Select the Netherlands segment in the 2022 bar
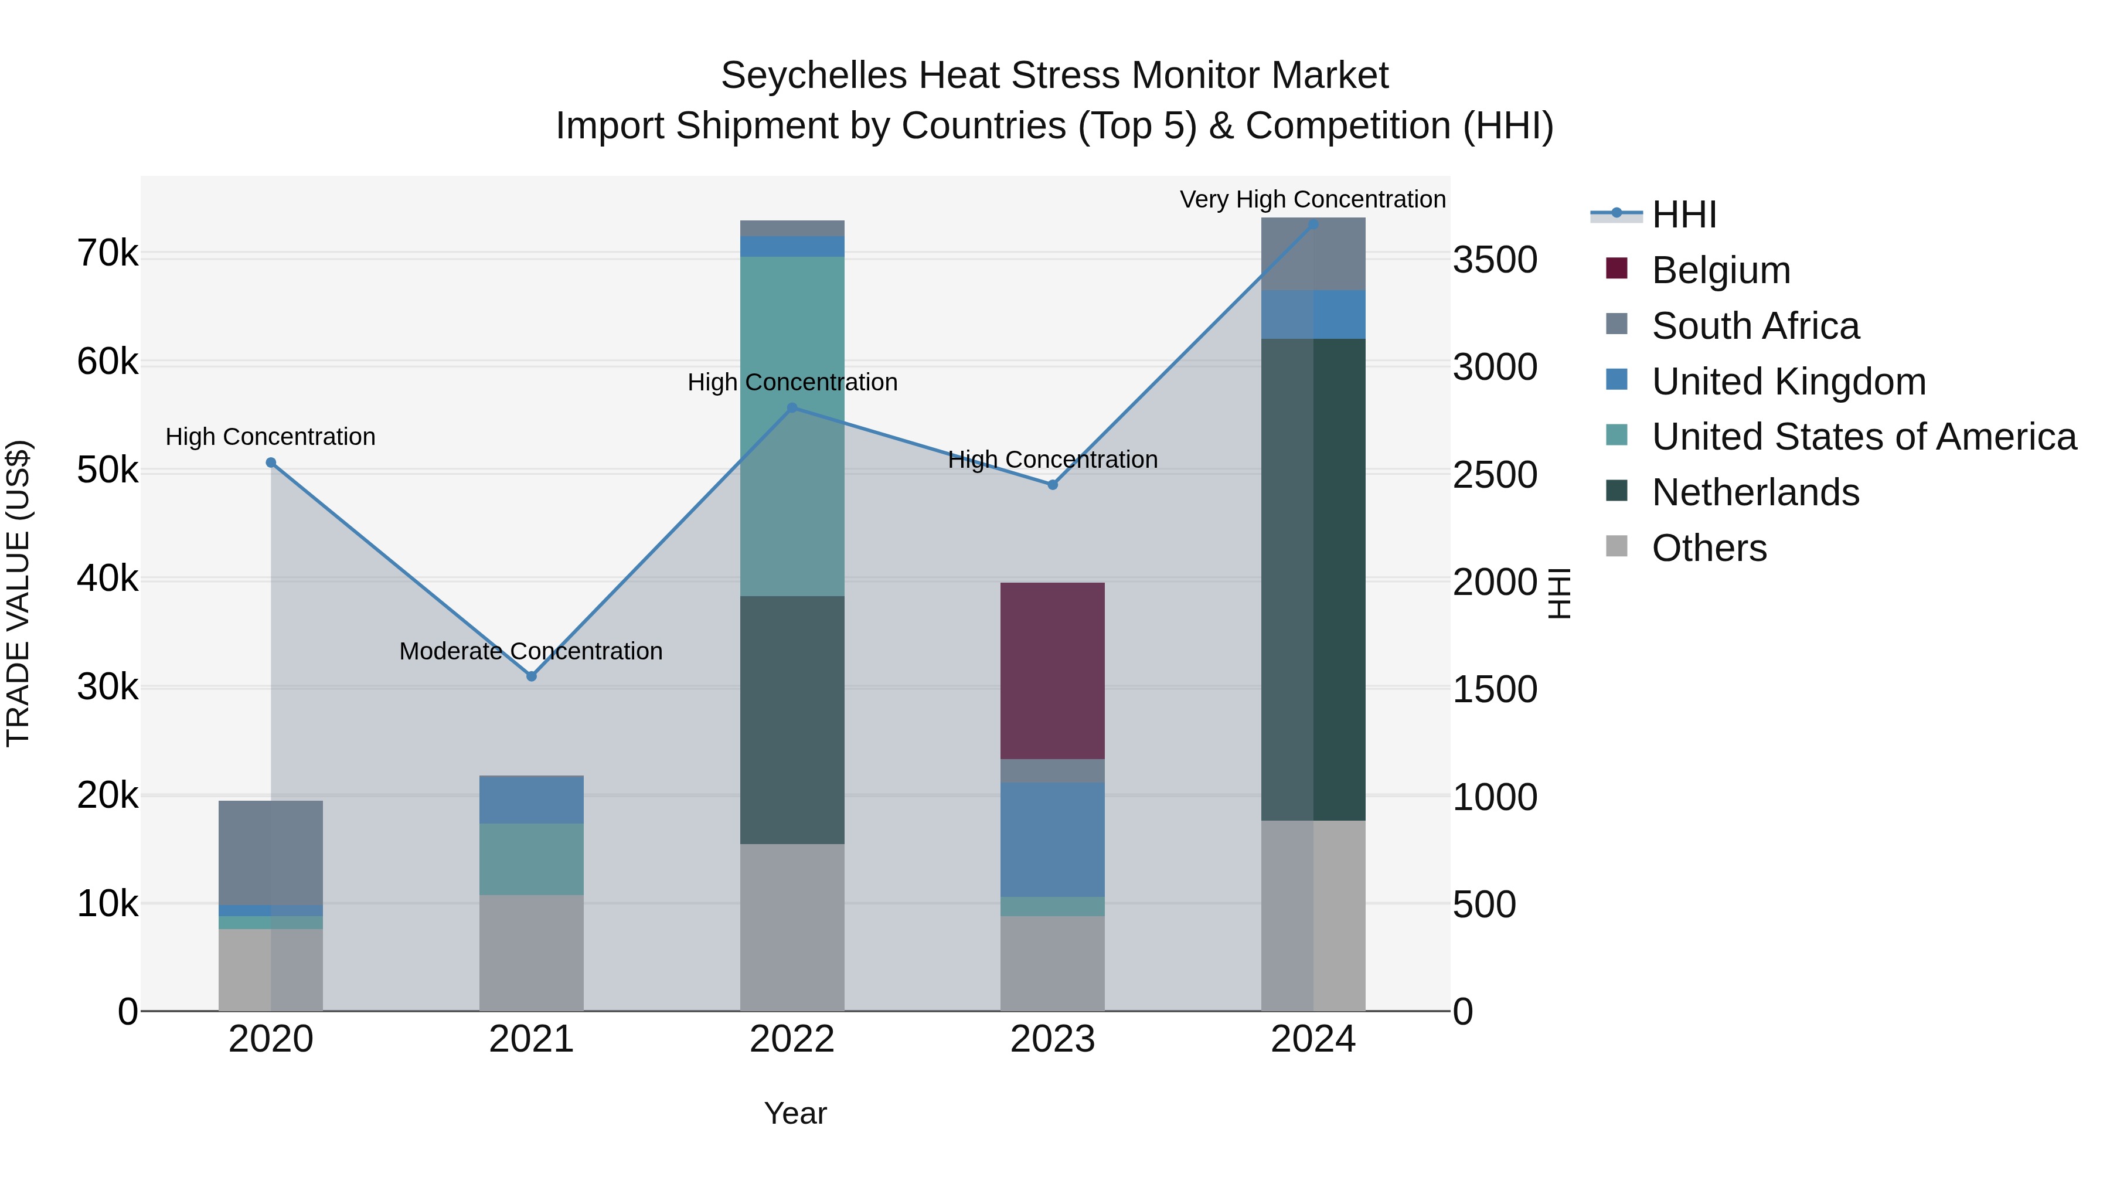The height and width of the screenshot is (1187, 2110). pyautogui.click(x=791, y=719)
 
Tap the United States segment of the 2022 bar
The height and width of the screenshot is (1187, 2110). pyautogui.click(x=791, y=426)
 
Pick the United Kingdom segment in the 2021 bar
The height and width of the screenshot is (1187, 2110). pyautogui.click(x=531, y=799)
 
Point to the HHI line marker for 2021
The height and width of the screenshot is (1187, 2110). pyautogui.click(x=531, y=676)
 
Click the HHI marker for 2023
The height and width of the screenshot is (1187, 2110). pyautogui.click(x=1053, y=485)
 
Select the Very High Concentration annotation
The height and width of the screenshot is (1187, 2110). pyautogui.click(x=1312, y=199)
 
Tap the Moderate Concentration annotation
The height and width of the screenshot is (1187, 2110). pyautogui.click(x=531, y=651)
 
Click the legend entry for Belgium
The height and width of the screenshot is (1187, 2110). pyautogui.click(x=1720, y=270)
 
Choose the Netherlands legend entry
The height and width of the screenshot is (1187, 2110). pyautogui.click(x=1754, y=492)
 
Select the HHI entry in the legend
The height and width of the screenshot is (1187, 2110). pyautogui.click(x=1683, y=215)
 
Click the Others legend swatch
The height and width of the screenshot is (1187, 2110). pyautogui.click(x=1616, y=546)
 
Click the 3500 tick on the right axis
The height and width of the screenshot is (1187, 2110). pyautogui.click(x=1495, y=260)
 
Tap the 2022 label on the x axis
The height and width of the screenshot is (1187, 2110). pyautogui.click(x=791, y=1039)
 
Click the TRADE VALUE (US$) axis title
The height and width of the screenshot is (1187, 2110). pyautogui.click(x=18, y=592)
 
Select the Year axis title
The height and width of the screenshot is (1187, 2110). pyautogui.click(x=795, y=1113)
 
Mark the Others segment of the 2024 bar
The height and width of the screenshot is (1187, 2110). pyautogui.click(x=1312, y=915)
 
